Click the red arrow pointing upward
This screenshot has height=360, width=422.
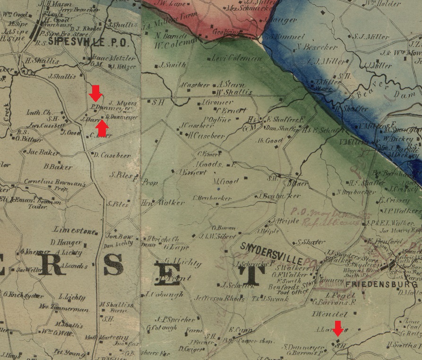point(102,128)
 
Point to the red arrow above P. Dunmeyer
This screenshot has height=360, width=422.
point(95,93)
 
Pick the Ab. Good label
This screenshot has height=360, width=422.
point(269,140)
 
